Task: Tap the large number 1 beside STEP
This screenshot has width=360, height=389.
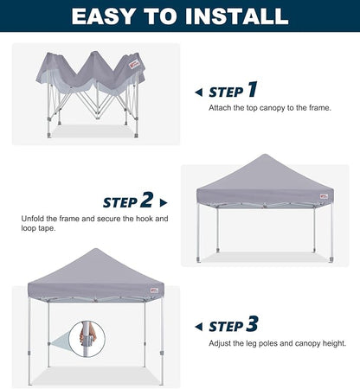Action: (252, 90)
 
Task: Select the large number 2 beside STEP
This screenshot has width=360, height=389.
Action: (146, 201)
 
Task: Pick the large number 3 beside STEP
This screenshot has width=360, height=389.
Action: (252, 325)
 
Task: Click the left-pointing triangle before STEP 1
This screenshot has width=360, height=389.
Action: (199, 92)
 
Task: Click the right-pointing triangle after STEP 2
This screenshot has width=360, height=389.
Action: (164, 203)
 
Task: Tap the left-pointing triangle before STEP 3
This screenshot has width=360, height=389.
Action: (199, 327)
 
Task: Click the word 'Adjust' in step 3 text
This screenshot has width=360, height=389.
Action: (221, 343)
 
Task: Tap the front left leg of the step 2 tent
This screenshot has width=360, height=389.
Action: (199, 233)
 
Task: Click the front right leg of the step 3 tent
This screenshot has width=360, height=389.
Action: (162, 341)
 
